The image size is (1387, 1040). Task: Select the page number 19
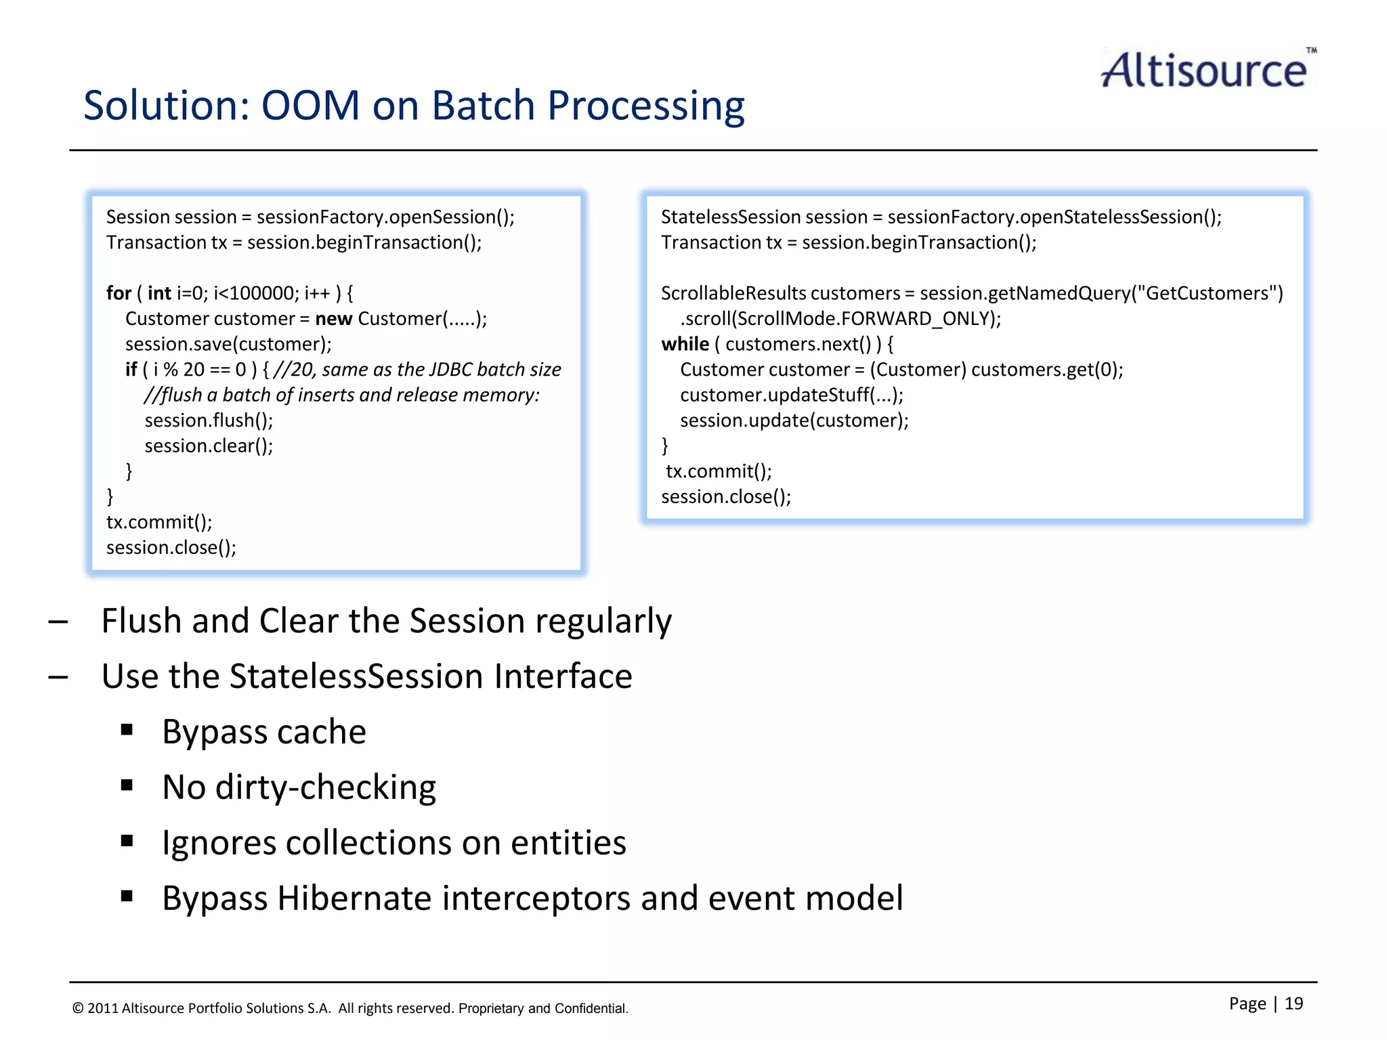(1294, 1003)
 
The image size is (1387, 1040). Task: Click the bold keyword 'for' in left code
(119, 293)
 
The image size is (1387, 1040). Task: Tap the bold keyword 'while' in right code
(685, 344)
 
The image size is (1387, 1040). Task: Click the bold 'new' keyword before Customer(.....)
(333, 319)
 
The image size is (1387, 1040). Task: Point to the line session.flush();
(209, 420)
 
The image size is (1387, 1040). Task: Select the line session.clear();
(209, 446)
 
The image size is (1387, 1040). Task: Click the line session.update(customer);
(794, 420)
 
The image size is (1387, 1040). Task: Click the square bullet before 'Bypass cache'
(127, 730)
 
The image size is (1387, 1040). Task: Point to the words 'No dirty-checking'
(299, 787)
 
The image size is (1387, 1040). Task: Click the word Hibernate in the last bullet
(354, 898)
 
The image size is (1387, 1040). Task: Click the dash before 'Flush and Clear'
(58, 622)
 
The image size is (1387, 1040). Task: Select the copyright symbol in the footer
(78, 1009)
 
